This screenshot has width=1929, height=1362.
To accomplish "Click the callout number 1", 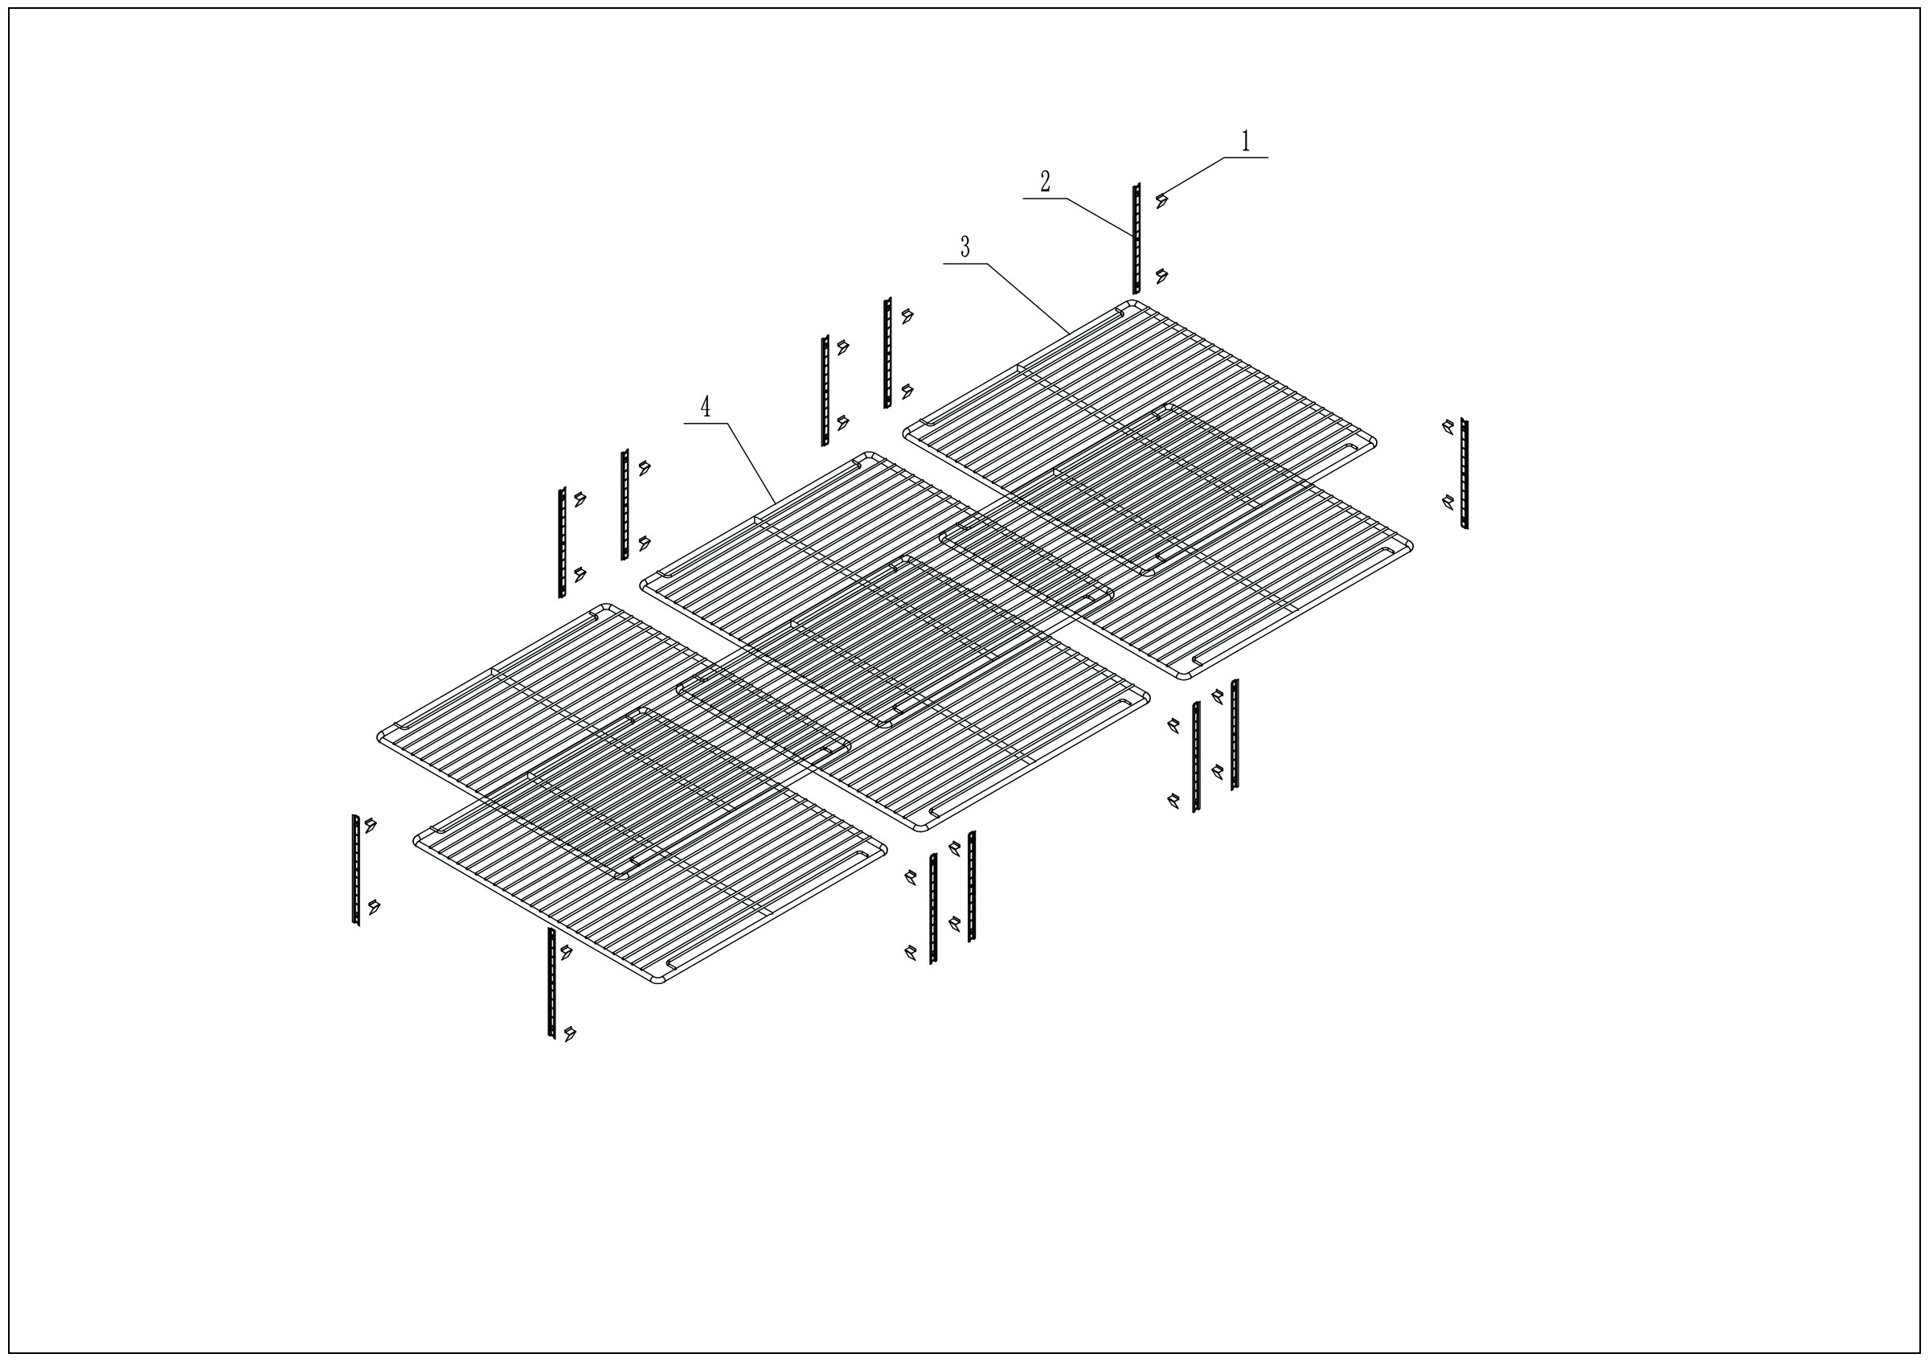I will (x=1245, y=142).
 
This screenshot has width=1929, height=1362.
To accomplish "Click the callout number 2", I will (x=1045, y=182).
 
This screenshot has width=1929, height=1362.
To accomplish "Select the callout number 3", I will (x=965, y=247).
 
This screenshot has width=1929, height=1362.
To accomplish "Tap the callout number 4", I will (x=706, y=408).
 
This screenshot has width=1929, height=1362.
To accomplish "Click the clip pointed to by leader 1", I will (x=1162, y=200).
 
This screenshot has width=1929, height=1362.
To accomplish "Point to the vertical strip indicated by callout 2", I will (x=1136, y=239).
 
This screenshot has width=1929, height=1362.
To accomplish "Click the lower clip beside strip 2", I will (x=1162, y=276).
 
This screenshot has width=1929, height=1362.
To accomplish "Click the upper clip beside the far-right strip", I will (x=1447, y=427).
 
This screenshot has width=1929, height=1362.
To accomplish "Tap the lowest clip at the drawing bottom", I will (x=571, y=1032).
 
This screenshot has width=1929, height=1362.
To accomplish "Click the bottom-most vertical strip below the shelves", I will (x=551, y=983).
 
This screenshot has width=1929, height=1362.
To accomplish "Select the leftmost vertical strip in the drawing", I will (x=355, y=870).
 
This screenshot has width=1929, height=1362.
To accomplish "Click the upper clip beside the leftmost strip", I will (x=370, y=825).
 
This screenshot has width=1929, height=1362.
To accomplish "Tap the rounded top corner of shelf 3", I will (x=1132, y=304).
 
